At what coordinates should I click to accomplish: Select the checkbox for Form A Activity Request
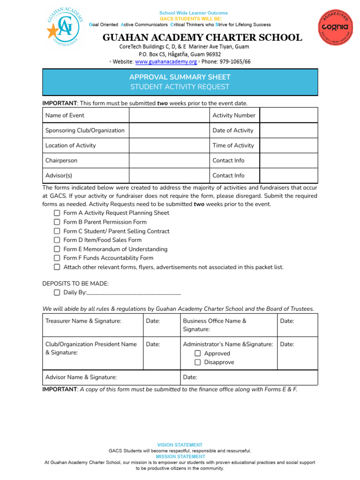click(57, 213)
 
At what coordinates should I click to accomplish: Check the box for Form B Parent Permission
click(57, 222)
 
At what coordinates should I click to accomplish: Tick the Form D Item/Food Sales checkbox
click(57, 240)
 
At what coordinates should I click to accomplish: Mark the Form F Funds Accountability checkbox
click(57, 258)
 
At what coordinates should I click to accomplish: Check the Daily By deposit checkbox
click(57, 292)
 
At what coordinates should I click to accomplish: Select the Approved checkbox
click(198, 353)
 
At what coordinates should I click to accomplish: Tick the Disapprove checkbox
click(198, 362)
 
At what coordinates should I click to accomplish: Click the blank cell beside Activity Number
click(288, 115)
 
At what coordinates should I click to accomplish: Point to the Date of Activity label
click(232, 130)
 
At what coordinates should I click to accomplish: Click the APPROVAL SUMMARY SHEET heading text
click(180, 77)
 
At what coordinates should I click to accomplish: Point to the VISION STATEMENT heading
click(180, 445)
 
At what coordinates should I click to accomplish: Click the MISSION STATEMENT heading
click(180, 457)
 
